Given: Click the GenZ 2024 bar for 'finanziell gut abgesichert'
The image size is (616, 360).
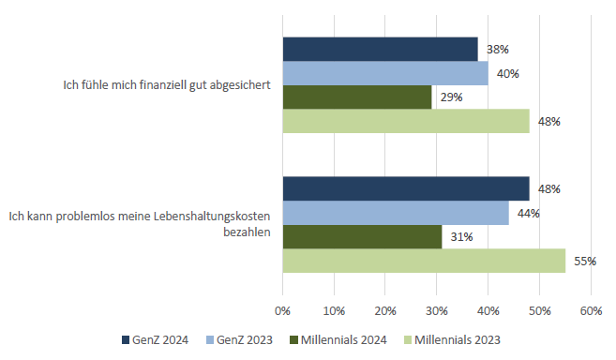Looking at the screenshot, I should [380, 49].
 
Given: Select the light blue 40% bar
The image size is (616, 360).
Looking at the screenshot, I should [384, 73].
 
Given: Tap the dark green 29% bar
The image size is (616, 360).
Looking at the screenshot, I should [356, 97].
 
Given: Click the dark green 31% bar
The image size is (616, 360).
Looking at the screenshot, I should [362, 237].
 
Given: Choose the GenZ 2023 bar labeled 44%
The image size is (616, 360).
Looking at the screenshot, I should [395, 213].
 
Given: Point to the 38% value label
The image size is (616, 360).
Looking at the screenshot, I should [496, 49].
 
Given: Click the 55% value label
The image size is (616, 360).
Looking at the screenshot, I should [584, 262].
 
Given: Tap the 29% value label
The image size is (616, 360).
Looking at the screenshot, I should [450, 97].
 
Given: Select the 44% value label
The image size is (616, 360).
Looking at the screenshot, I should [528, 213].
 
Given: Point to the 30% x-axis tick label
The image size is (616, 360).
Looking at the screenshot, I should [436, 310].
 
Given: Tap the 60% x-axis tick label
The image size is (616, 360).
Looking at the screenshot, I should [591, 310].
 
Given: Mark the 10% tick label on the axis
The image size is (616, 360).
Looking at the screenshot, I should [333, 310].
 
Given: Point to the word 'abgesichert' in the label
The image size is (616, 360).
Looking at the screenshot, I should [241, 84].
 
